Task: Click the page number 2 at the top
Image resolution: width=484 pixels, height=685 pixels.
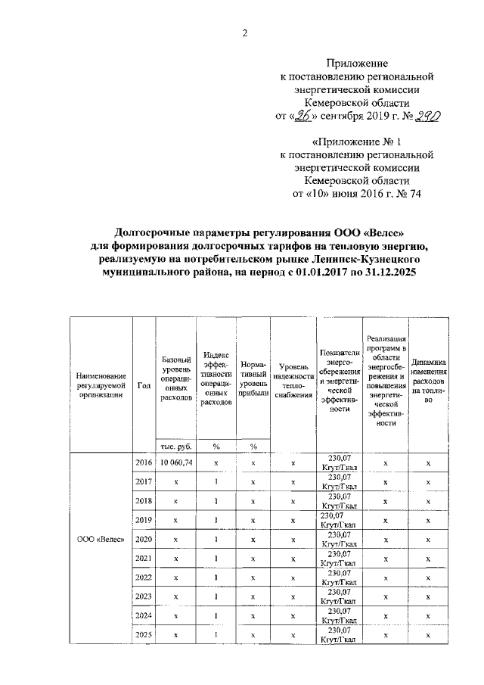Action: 244,31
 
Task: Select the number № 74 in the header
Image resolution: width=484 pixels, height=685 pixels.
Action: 408,193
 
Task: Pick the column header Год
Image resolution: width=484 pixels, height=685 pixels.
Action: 143,384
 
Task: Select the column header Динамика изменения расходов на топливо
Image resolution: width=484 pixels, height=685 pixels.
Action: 428,384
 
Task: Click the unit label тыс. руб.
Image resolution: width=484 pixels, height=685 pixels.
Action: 174,446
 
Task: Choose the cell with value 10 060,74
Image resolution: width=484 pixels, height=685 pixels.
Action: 174,462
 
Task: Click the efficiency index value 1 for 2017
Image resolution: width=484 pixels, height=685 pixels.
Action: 216,481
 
